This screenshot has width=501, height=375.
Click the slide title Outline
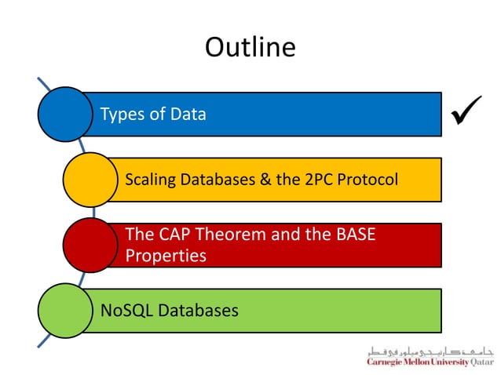[x=250, y=48]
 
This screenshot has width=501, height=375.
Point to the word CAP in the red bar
[x=175, y=235]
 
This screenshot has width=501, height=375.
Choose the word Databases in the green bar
[x=199, y=311]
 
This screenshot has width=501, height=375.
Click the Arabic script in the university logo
[x=427, y=351]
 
